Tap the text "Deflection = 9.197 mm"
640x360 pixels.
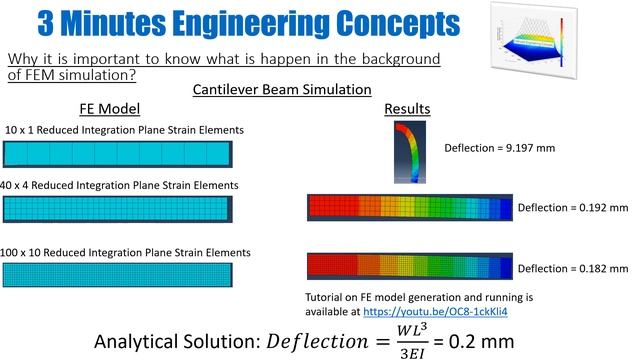click(x=499, y=147)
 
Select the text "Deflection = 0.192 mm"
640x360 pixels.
click(x=572, y=208)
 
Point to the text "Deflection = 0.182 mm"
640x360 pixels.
click(x=572, y=269)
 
